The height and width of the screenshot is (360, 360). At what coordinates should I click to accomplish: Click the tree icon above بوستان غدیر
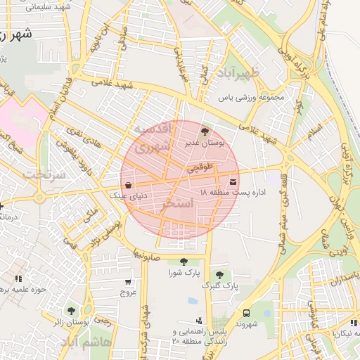click(x=205, y=131)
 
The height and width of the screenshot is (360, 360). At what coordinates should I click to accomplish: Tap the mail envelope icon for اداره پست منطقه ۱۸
click(x=233, y=182)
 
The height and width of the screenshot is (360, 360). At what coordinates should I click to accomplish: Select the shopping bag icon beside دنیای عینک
click(x=127, y=185)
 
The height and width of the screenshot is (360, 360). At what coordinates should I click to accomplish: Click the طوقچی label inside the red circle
click(x=200, y=167)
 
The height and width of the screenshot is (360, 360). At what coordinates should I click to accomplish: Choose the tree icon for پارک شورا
click(x=184, y=262)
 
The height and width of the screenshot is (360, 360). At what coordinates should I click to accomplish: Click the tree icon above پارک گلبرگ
click(x=220, y=275)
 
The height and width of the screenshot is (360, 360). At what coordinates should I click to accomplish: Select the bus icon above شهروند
click(x=246, y=313)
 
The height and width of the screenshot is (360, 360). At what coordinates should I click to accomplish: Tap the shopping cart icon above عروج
click(x=127, y=280)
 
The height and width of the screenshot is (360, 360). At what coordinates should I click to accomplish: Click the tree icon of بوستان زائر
click(x=70, y=310)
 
